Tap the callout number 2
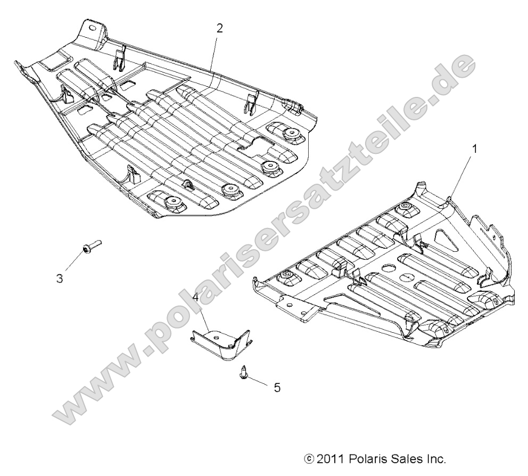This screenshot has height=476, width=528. click(219, 28)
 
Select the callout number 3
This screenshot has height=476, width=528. click(60, 277)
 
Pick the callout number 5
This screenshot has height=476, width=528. click(276, 388)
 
